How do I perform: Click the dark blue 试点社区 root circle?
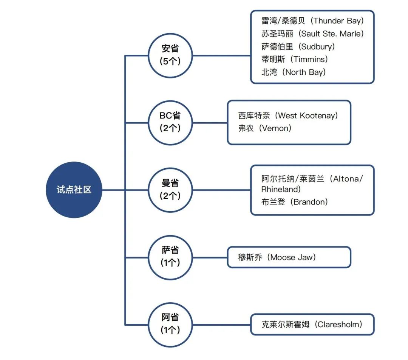click(x=74, y=190)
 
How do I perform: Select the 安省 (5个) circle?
click(x=170, y=55)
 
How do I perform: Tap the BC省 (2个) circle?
click(x=170, y=123)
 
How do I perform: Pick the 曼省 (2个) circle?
click(x=170, y=190)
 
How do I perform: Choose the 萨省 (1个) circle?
click(x=170, y=257)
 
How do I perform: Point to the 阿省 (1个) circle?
click(x=170, y=325)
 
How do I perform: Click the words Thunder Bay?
click(x=337, y=21)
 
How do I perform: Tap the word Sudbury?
click(x=317, y=46)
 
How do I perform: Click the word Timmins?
click(x=309, y=59)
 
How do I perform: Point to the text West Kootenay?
click(x=306, y=115)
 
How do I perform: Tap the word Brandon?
click(x=309, y=202)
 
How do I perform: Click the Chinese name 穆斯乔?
click(x=250, y=257)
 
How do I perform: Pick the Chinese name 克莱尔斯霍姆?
click(x=285, y=325)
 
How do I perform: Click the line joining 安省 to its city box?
click(x=221, y=55)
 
